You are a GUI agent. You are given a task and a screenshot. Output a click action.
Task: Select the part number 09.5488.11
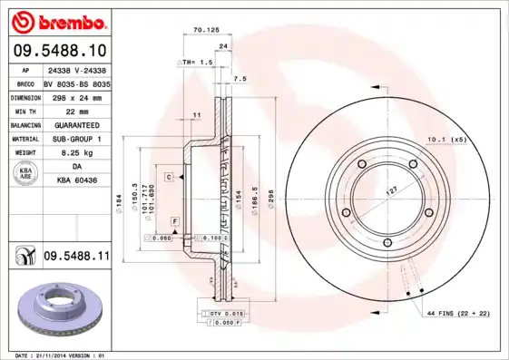pos(76,258)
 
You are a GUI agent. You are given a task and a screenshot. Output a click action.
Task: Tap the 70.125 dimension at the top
pos(207,30)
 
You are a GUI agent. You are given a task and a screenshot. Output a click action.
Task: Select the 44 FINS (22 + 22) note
pos(456,312)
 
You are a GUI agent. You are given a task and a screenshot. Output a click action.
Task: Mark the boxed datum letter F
pos(174,221)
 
